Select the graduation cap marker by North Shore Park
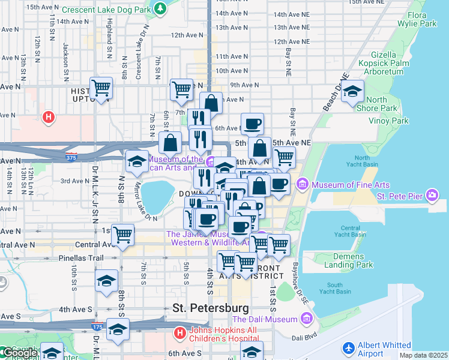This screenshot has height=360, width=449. tap(353, 91)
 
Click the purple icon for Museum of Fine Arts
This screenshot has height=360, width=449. tap(303, 182)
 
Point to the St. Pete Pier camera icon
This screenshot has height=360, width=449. tap(432, 195)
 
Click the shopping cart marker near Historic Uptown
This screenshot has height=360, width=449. tap(101, 88)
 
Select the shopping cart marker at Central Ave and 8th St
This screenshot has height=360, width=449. tap(122, 234)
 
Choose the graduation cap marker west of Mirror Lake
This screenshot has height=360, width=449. tap(137, 161)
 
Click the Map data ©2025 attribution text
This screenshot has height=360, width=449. tap(423, 355)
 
